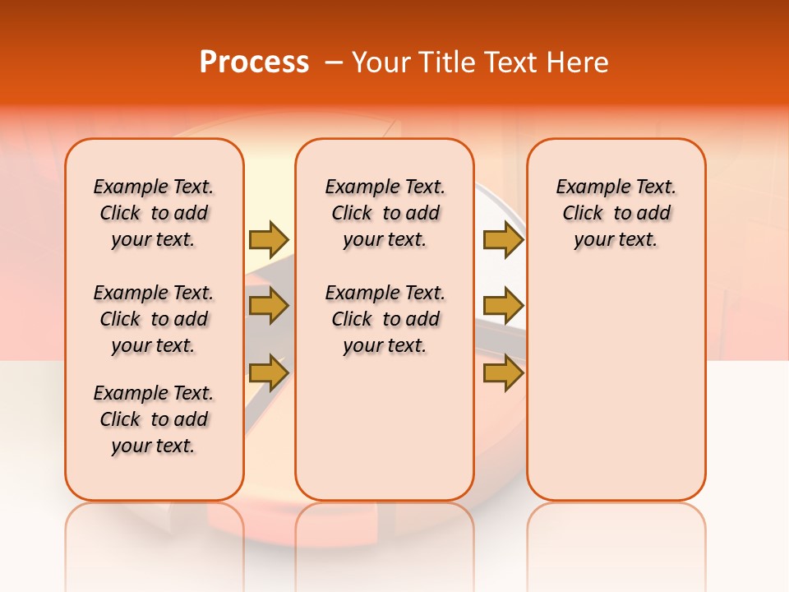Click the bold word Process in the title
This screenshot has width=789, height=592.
click(254, 62)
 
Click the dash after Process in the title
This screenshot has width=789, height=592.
click(334, 63)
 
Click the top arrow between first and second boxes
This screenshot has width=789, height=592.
click(269, 239)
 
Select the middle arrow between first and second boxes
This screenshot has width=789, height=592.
click(269, 306)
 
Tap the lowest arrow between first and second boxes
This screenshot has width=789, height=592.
click(269, 373)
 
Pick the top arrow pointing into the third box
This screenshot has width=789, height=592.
click(503, 239)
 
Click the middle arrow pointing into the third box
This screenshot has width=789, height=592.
click(503, 306)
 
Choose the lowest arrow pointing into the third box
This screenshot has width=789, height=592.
click(503, 373)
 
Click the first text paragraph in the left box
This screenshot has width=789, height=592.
click(154, 213)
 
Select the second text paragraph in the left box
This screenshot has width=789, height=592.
click(154, 319)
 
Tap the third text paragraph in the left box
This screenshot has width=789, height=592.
click(154, 419)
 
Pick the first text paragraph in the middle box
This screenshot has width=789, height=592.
click(385, 213)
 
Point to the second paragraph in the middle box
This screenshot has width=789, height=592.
click(385, 319)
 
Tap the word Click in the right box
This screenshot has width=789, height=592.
click(583, 214)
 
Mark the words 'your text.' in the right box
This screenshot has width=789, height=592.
click(616, 240)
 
